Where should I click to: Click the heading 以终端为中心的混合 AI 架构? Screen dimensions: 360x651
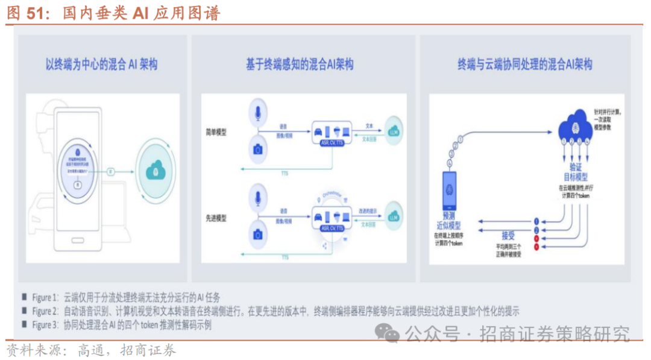pos(101,64)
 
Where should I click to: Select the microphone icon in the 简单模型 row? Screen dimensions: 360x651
pos(259,113)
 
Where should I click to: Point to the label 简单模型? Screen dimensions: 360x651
pos(216,131)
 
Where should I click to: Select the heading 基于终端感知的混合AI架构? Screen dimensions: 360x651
pos(300,65)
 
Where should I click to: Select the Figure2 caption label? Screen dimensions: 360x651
pos(45,311)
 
